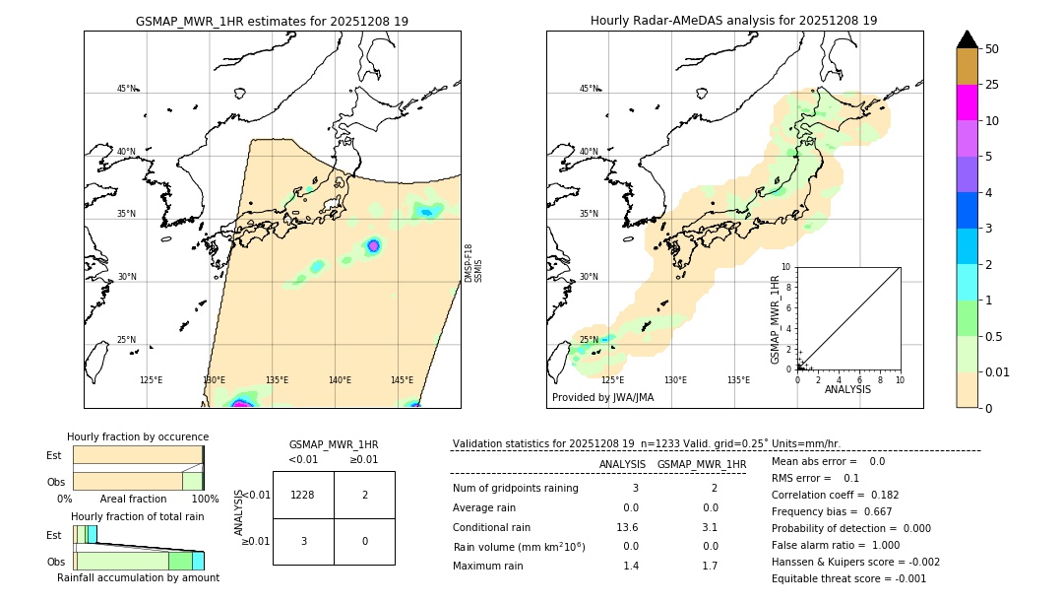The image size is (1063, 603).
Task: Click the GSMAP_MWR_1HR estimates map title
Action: click(x=272, y=21)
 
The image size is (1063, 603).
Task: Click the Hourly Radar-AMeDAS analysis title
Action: click(x=733, y=21)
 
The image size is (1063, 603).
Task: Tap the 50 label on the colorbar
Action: click(x=992, y=49)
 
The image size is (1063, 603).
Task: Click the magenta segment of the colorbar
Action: click(x=967, y=102)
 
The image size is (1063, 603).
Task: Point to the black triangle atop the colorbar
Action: click(x=967, y=39)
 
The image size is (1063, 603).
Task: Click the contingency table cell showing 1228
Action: click(x=303, y=495)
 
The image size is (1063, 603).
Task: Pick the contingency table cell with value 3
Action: click(x=303, y=541)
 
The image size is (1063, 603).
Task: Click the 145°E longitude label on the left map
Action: click(x=402, y=380)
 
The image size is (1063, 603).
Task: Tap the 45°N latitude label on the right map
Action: click(x=588, y=89)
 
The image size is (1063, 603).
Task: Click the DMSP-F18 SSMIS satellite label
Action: click(x=473, y=263)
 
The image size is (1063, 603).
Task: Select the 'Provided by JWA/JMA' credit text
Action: click(x=602, y=398)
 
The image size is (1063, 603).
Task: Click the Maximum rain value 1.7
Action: click(x=710, y=566)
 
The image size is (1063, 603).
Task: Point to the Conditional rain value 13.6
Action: click(x=630, y=527)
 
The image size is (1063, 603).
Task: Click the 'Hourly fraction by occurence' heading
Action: click(x=138, y=436)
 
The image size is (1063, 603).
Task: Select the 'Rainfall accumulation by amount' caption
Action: click(x=139, y=577)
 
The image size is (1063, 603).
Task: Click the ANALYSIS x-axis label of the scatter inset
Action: click(x=847, y=389)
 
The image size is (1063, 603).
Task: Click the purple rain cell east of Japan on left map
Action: click(x=373, y=245)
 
